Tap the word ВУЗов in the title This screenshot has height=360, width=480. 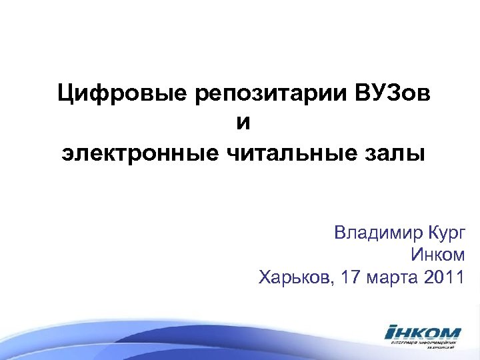(391, 93)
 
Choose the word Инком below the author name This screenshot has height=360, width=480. (438, 255)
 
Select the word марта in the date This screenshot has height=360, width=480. (393, 277)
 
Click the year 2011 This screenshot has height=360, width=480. (443, 277)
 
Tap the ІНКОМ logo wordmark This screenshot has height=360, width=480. (422, 332)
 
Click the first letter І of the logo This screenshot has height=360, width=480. (391, 332)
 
